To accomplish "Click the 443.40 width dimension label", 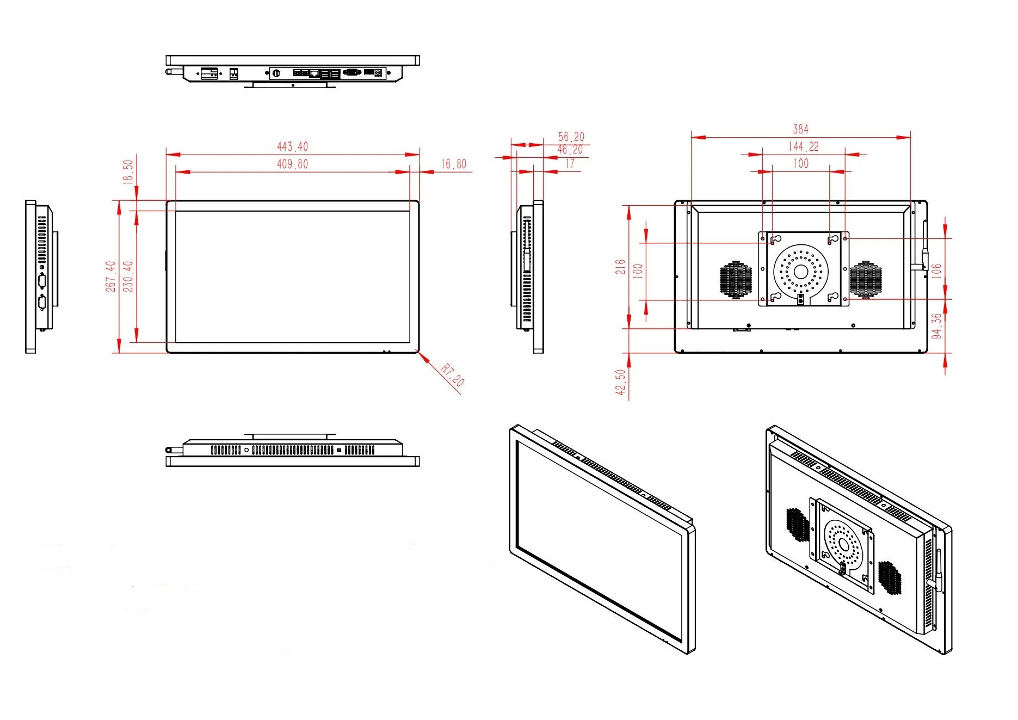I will [292, 146].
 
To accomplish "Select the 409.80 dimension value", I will [292, 164].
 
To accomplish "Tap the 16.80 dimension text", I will [453, 164].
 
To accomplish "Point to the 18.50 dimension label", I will [128, 171].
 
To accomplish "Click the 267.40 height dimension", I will [111, 276].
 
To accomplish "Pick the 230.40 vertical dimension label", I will [128, 276].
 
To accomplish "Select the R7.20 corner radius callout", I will [452, 376].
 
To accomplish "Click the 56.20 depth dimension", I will [571, 137].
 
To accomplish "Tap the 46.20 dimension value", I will [570, 150].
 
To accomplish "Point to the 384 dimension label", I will [800, 129].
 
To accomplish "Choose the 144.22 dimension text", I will [803, 146].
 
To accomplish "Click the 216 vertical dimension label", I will [620, 267].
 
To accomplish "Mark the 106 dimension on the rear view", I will [936, 270].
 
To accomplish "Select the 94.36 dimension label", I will [936, 325].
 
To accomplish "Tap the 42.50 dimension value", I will [620, 382].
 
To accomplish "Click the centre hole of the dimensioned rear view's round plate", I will [800, 272].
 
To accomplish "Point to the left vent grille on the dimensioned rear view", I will [736, 279].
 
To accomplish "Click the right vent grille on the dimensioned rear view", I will [865, 279].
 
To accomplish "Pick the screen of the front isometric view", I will [599, 539].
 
